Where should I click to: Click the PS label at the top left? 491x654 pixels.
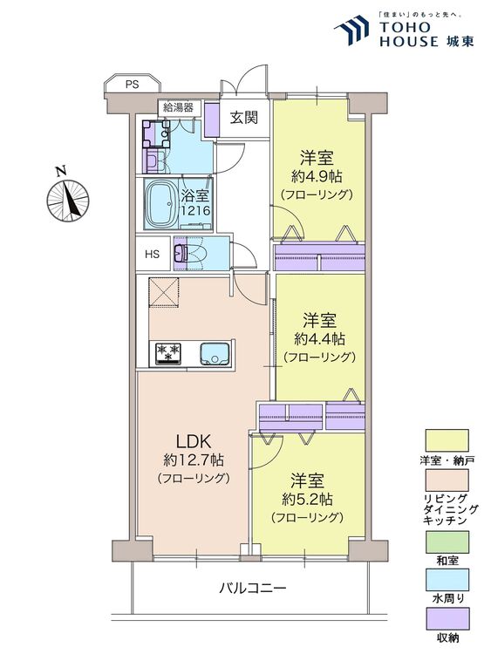tap(132, 85)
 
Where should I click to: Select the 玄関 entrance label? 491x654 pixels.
tap(244, 119)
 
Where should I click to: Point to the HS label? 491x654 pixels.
tap(153, 255)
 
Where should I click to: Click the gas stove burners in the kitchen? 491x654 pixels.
tap(167, 353)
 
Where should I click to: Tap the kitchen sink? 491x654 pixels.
tap(214, 353)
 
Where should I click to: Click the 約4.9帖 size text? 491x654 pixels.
tap(316, 177)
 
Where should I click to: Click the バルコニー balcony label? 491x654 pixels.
tap(252, 589)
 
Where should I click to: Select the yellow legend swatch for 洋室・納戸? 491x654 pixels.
tap(446, 439)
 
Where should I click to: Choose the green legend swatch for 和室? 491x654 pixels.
tap(446, 542)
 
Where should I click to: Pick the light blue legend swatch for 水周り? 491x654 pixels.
tap(446, 580)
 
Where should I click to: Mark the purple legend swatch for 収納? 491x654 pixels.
tap(446, 617)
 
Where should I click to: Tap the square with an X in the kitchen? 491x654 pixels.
tap(163, 292)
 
